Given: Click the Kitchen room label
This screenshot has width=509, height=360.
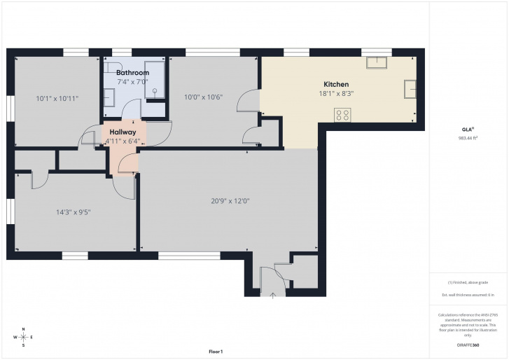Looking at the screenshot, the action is coord(336,85).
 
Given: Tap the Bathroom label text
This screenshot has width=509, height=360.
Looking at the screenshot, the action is coord(132,73).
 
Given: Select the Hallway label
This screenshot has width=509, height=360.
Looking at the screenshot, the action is coord(123,132).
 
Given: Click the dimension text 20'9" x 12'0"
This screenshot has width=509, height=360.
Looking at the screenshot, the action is coord(230,201).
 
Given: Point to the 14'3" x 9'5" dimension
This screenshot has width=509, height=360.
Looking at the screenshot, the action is coord(74,212).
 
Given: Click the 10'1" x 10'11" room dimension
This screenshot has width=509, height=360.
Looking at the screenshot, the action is coord(57,98).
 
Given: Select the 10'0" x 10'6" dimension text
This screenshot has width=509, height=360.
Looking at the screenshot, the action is coord(204,97).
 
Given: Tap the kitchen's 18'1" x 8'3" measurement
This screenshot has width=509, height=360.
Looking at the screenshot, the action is coord(336,94).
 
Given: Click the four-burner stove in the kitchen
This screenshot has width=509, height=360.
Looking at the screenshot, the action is coord(342,116).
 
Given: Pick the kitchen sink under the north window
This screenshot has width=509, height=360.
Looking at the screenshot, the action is coord(377,62).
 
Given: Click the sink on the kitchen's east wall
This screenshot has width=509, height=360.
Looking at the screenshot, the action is coord(410,89).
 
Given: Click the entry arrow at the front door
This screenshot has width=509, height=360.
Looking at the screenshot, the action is coord(272,296).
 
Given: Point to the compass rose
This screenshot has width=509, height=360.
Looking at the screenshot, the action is coord(23,338).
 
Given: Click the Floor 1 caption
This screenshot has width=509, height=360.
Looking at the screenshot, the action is coord(216,352).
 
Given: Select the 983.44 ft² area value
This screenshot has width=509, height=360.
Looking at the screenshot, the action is coord(468,138).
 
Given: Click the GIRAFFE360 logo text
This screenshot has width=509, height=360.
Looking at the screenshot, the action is coord(468,345).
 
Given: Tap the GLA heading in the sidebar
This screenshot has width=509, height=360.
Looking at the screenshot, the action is coord(468,130).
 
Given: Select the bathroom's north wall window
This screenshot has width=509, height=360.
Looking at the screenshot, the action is coord(122,53).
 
